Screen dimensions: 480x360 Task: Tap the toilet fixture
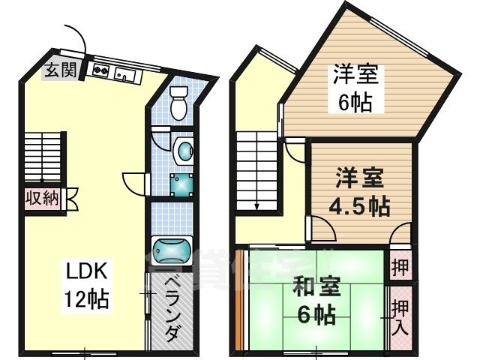pyautogui.click(x=178, y=103)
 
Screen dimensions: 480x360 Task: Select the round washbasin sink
pyautogui.click(x=184, y=150)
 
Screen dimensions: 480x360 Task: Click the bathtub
pyautogui.click(x=172, y=249)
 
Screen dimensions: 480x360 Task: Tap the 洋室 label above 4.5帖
pyautogui.click(x=358, y=178)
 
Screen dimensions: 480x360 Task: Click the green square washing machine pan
pyautogui.click(x=181, y=184)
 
